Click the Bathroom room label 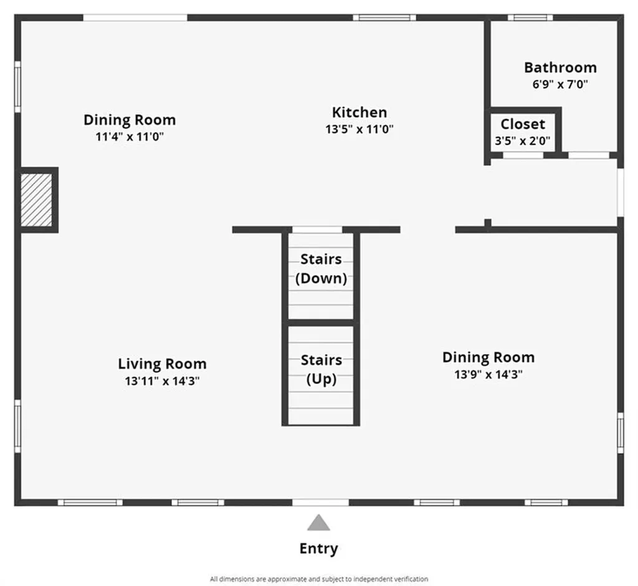tap(560, 67)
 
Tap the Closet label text tap(523, 124)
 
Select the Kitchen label tap(359, 112)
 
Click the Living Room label tap(163, 363)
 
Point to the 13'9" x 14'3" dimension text tap(488, 374)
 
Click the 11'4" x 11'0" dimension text tap(130, 137)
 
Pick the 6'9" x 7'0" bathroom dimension tap(560, 84)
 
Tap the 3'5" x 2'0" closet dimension tap(523, 141)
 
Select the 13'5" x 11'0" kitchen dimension tap(359, 129)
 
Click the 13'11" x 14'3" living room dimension tap(163, 381)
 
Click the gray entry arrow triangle tap(318, 522)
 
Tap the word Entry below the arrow tap(318, 549)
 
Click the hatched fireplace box tap(37, 200)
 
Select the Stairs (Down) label tap(321, 269)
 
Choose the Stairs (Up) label tap(321, 369)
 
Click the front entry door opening tap(321, 502)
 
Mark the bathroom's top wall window tap(530, 17)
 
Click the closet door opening tap(523, 155)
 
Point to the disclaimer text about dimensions tap(319, 579)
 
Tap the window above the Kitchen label tap(384, 17)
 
